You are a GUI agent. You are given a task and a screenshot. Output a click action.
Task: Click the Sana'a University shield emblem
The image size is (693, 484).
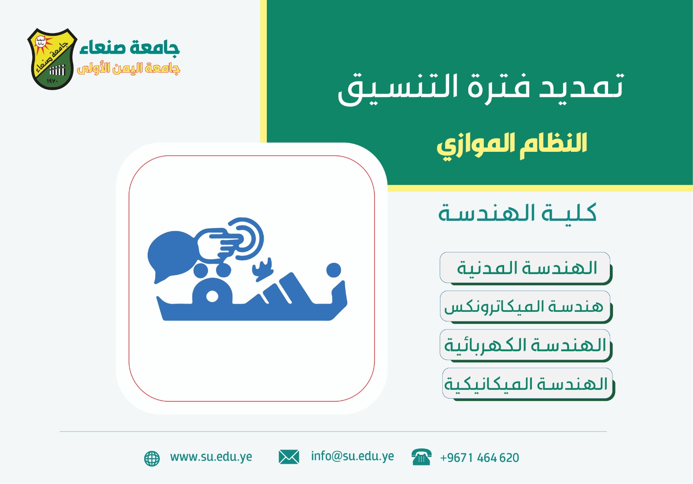pyautogui.click(x=52, y=59)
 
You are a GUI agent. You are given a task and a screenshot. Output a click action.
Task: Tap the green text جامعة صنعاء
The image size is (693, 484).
pyautogui.click(x=129, y=47)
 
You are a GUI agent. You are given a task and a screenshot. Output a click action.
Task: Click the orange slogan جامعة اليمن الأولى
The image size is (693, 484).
pyautogui.click(x=129, y=69)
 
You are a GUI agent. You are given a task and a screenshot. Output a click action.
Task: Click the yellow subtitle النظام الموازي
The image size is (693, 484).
pyautogui.click(x=512, y=144)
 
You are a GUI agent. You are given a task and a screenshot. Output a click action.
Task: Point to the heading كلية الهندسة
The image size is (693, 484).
pyautogui.click(x=517, y=213)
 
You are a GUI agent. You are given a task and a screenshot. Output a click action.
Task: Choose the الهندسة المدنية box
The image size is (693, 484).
pyautogui.click(x=525, y=268)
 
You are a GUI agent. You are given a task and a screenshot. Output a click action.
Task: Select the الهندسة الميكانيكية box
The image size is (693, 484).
pyautogui.click(x=527, y=384)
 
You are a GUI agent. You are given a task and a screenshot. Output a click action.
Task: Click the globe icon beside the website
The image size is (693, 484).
pyautogui.click(x=152, y=458)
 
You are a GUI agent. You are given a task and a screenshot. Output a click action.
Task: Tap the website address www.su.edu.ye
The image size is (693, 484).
pyautogui.click(x=211, y=457)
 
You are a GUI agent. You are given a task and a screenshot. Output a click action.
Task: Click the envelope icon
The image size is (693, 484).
pyautogui.click(x=289, y=457)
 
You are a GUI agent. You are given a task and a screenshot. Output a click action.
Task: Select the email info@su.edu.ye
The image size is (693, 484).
pyautogui.click(x=352, y=456)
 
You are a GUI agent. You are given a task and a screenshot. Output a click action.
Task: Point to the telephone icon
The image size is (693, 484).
pyautogui.click(x=421, y=457)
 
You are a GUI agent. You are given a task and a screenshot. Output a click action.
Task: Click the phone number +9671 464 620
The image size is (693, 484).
pyautogui.click(x=479, y=458)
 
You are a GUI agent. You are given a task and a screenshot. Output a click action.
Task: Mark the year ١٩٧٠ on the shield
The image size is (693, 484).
pyautogui.click(x=52, y=81)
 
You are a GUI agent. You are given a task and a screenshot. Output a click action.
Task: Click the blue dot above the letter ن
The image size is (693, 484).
pyautogui.click(x=334, y=270)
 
